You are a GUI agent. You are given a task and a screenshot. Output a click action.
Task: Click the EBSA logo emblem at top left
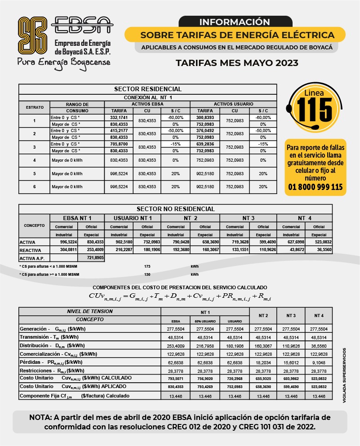(32, 35)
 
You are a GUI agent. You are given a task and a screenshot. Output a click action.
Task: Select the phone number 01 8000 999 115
(315, 187)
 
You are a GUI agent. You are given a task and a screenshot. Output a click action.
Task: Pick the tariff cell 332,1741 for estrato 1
(119, 117)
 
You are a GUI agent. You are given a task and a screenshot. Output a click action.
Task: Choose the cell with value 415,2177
(119, 131)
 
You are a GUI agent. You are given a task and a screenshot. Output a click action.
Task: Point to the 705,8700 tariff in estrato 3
(119, 144)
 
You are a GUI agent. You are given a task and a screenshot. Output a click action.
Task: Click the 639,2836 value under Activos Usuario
(205, 144)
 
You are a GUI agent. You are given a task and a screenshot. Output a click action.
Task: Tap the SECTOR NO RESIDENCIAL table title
(176, 209)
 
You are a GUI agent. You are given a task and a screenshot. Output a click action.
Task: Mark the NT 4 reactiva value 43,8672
(291, 250)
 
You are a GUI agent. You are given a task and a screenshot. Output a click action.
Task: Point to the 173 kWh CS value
(147, 266)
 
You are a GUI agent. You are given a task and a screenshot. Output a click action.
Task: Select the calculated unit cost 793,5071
(176, 379)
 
